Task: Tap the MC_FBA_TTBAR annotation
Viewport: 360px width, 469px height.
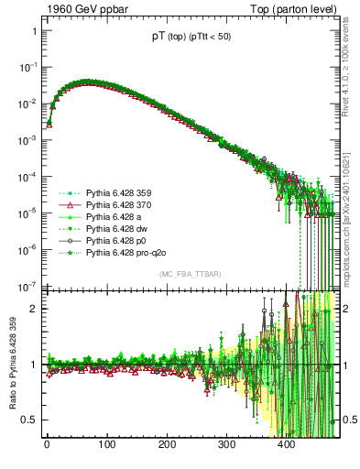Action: tap(189, 274)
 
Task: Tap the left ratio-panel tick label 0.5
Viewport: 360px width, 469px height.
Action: tap(27, 420)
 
